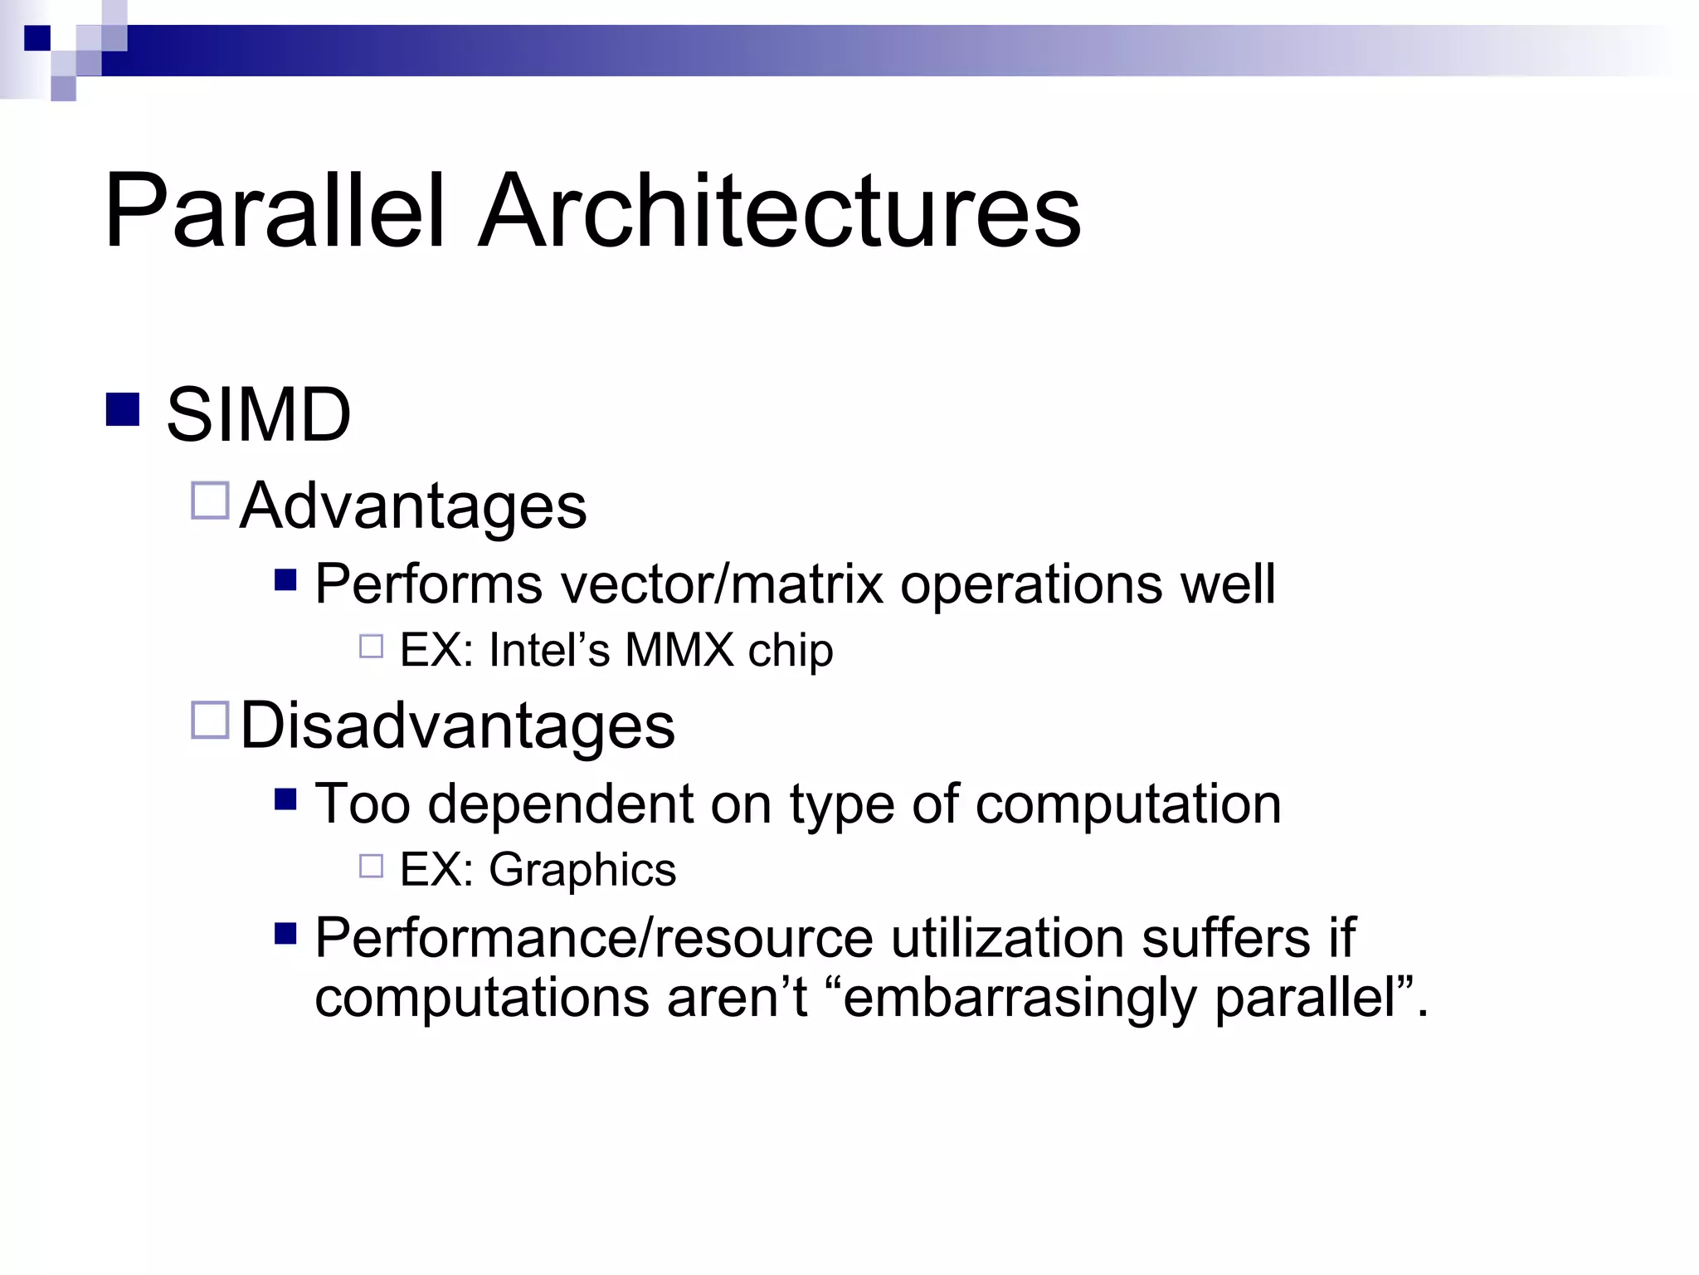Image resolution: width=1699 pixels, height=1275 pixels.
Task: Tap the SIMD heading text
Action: click(x=258, y=414)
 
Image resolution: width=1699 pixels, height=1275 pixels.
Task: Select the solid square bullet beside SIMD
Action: click(x=123, y=409)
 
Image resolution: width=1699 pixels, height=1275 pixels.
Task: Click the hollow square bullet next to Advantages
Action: click(x=210, y=501)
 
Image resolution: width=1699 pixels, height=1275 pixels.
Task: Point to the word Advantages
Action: click(x=413, y=506)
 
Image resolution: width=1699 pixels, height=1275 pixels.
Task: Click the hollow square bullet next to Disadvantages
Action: click(x=210, y=720)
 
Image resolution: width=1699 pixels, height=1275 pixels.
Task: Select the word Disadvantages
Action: click(x=457, y=725)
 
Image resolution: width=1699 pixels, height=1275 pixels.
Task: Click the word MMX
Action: click(x=679, y=650)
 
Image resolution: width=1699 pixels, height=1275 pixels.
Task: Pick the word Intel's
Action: click(x=549, y=650)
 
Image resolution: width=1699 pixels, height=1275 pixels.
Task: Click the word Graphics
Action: click(x=582, y=870)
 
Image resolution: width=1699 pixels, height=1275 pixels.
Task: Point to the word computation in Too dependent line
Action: click(x=1127, y=804)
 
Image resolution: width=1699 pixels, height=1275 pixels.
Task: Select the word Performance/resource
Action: click(x=594, y=938)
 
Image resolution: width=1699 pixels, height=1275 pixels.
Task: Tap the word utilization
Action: click(x=1007, y=938)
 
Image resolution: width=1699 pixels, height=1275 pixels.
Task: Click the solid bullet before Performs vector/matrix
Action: click(x=285, y=579)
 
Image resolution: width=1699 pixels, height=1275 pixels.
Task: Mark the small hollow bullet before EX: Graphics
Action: click(x=371, y=867)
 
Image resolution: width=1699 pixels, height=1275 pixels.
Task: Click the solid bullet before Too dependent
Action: click(x=285, y=799)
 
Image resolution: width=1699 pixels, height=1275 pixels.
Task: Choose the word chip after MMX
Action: click(x=791, y=650)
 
